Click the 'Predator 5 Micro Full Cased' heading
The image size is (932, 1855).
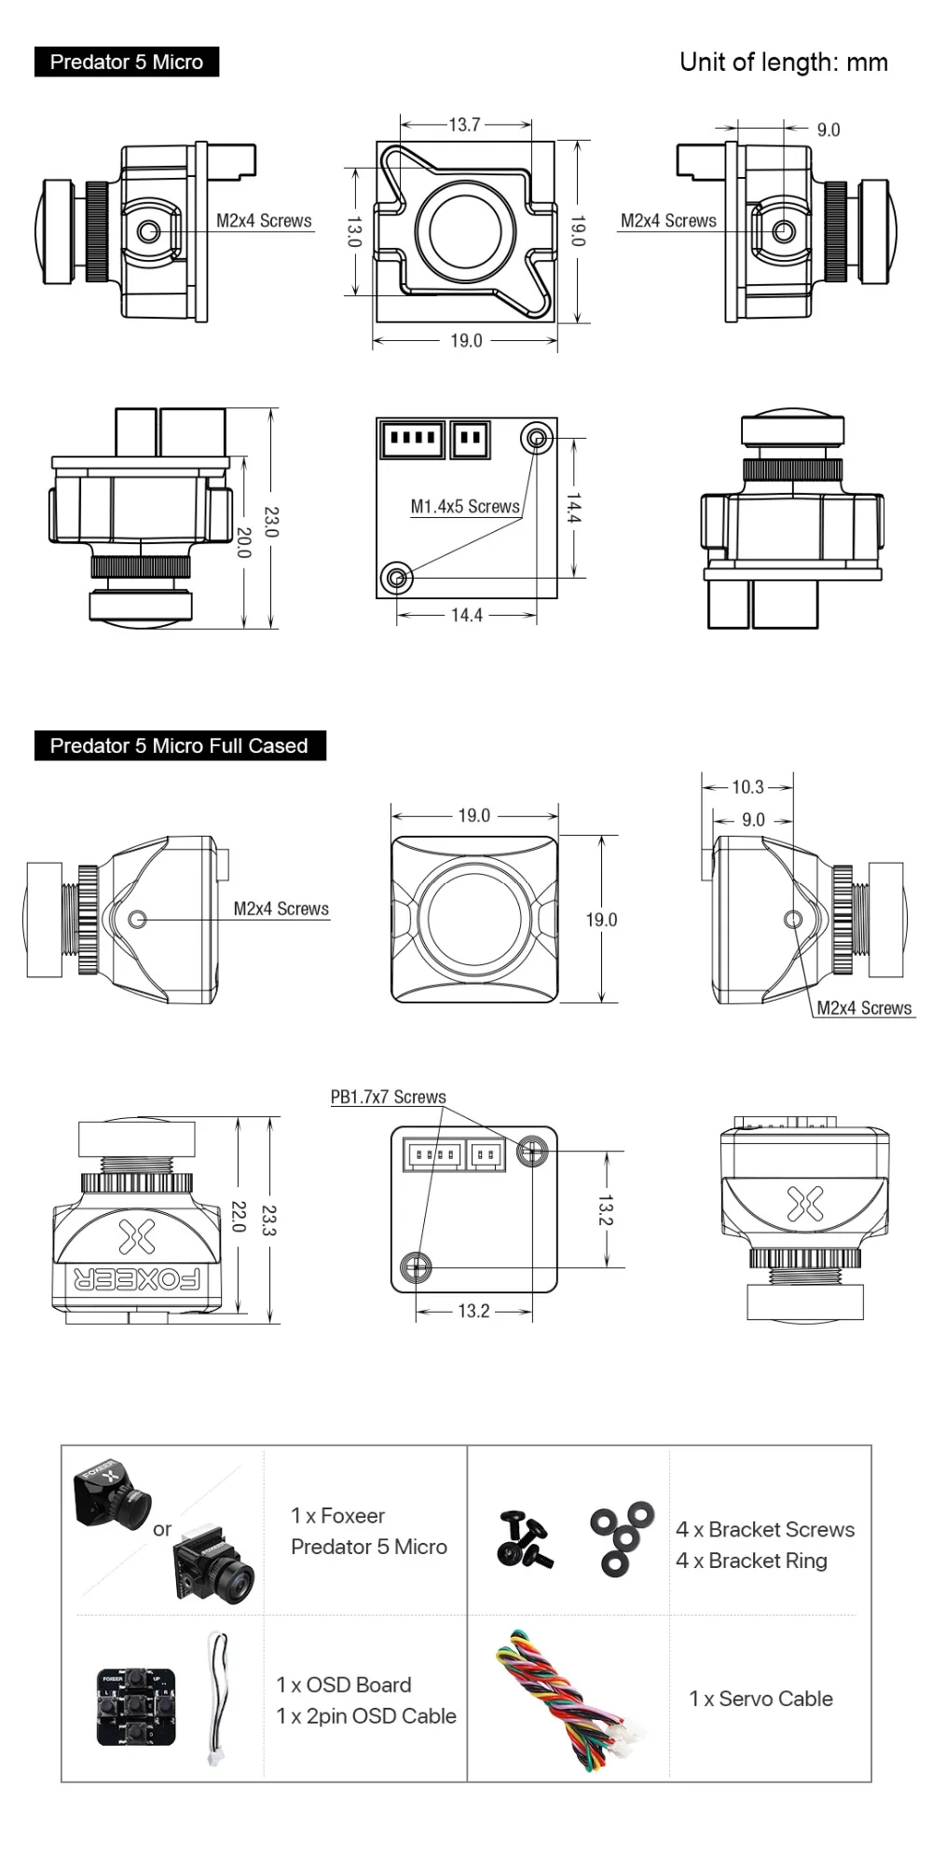[179, 745]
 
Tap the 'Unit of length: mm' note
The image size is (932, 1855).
[783, 62]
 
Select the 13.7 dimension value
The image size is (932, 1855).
[464, 124]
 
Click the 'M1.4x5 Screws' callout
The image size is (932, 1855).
[465, 507]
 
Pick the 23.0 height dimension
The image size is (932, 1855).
[271, 522]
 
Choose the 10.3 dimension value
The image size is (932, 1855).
[747, 787]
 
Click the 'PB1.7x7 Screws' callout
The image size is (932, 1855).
[389, 1098]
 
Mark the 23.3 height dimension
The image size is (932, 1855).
[269, 1220]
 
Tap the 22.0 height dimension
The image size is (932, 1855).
[239, 1217]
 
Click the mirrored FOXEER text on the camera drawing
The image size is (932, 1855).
[137, 1279]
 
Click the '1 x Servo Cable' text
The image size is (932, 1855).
[761, 1698]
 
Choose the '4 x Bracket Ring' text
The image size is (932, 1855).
[751, 1561]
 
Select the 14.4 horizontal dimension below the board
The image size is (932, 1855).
[466, 615]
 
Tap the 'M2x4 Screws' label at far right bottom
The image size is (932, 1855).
[864, 1008]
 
